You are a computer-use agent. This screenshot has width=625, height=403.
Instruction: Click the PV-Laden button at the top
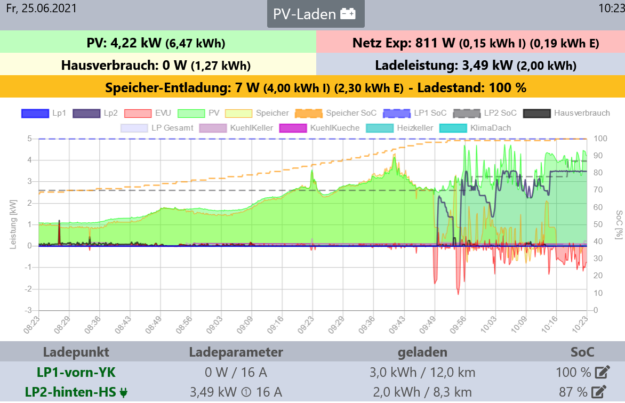(x=315, y=14)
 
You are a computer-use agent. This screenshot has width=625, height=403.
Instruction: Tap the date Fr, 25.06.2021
(x=41, y=8)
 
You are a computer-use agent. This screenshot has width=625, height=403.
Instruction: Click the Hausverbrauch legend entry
(x=567, y=113)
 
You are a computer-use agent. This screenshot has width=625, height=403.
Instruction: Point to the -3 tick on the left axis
(x=30, y=310)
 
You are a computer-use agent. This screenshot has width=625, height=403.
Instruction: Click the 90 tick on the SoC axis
(x=600, y=156)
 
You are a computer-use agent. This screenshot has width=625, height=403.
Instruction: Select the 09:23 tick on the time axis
(x=310, y=325)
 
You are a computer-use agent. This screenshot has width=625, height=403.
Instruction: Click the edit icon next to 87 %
(x=599, y=392)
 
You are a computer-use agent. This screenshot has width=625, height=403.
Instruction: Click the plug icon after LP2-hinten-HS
(x=124, y=393)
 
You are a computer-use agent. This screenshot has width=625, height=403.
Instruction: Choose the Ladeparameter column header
(x=236, y=352)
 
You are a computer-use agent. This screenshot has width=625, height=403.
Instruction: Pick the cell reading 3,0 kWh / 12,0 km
(x=422, y=372)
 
